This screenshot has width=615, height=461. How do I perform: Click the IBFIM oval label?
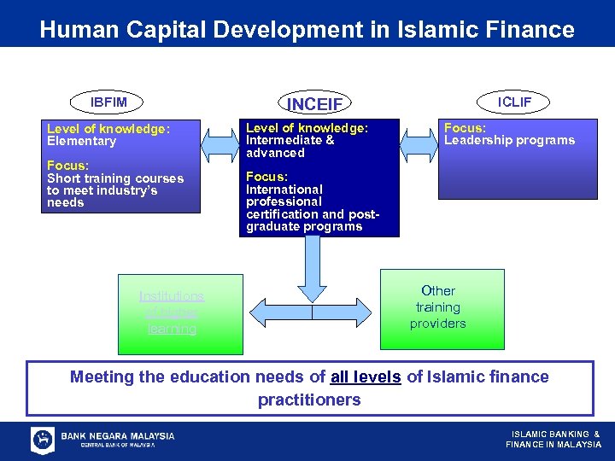[x=108, y=102]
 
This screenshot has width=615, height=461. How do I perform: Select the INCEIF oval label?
[x=314, y=104]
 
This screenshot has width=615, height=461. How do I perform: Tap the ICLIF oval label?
[x=514, y=102]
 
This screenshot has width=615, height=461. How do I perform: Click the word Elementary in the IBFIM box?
[x=81, y=141]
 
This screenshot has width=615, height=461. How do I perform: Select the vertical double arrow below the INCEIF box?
[x=312, y=273]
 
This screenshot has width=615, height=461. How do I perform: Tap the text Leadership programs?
[x=509, y=140]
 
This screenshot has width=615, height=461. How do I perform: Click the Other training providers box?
[x=437, y=307]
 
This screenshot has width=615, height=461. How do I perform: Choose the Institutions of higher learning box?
[x=172, y=312]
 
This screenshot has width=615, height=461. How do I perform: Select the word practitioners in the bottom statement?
[x=309, y=399]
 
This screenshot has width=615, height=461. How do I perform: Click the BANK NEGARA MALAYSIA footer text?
[x=118, y=435]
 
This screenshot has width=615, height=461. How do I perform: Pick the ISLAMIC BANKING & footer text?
[x=555, y=435]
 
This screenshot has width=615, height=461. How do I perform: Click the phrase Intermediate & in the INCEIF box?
[x=290, y=140]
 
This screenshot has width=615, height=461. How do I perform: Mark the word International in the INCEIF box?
[x=284, y=189]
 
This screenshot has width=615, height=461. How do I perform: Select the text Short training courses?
[x=115, y=178]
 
